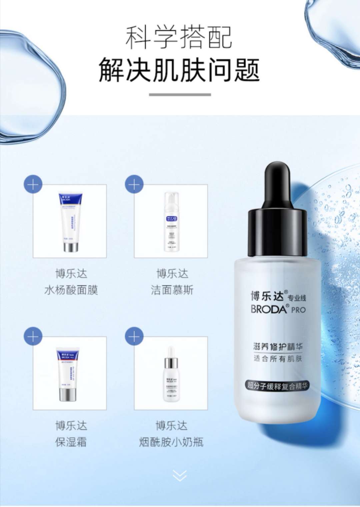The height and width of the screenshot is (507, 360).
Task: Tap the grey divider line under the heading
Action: [180, 95]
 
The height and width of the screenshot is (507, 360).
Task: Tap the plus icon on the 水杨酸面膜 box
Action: [33, 184]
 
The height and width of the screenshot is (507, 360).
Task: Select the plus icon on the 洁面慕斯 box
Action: [134, 184]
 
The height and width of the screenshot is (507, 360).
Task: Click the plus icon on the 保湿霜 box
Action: [33, 336]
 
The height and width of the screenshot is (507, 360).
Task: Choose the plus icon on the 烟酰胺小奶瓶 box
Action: [134, 336]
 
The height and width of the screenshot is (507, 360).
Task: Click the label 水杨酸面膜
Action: [71, 290]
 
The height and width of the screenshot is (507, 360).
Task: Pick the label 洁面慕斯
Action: [172, 290]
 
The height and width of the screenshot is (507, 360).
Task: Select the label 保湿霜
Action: [71, 442]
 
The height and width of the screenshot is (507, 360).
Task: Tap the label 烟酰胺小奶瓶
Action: [171, 442]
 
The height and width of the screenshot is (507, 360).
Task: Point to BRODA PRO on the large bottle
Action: [278, 309]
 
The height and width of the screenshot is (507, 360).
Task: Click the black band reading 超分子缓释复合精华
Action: [277, 385]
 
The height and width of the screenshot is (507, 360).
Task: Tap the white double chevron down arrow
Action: [180, 476]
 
